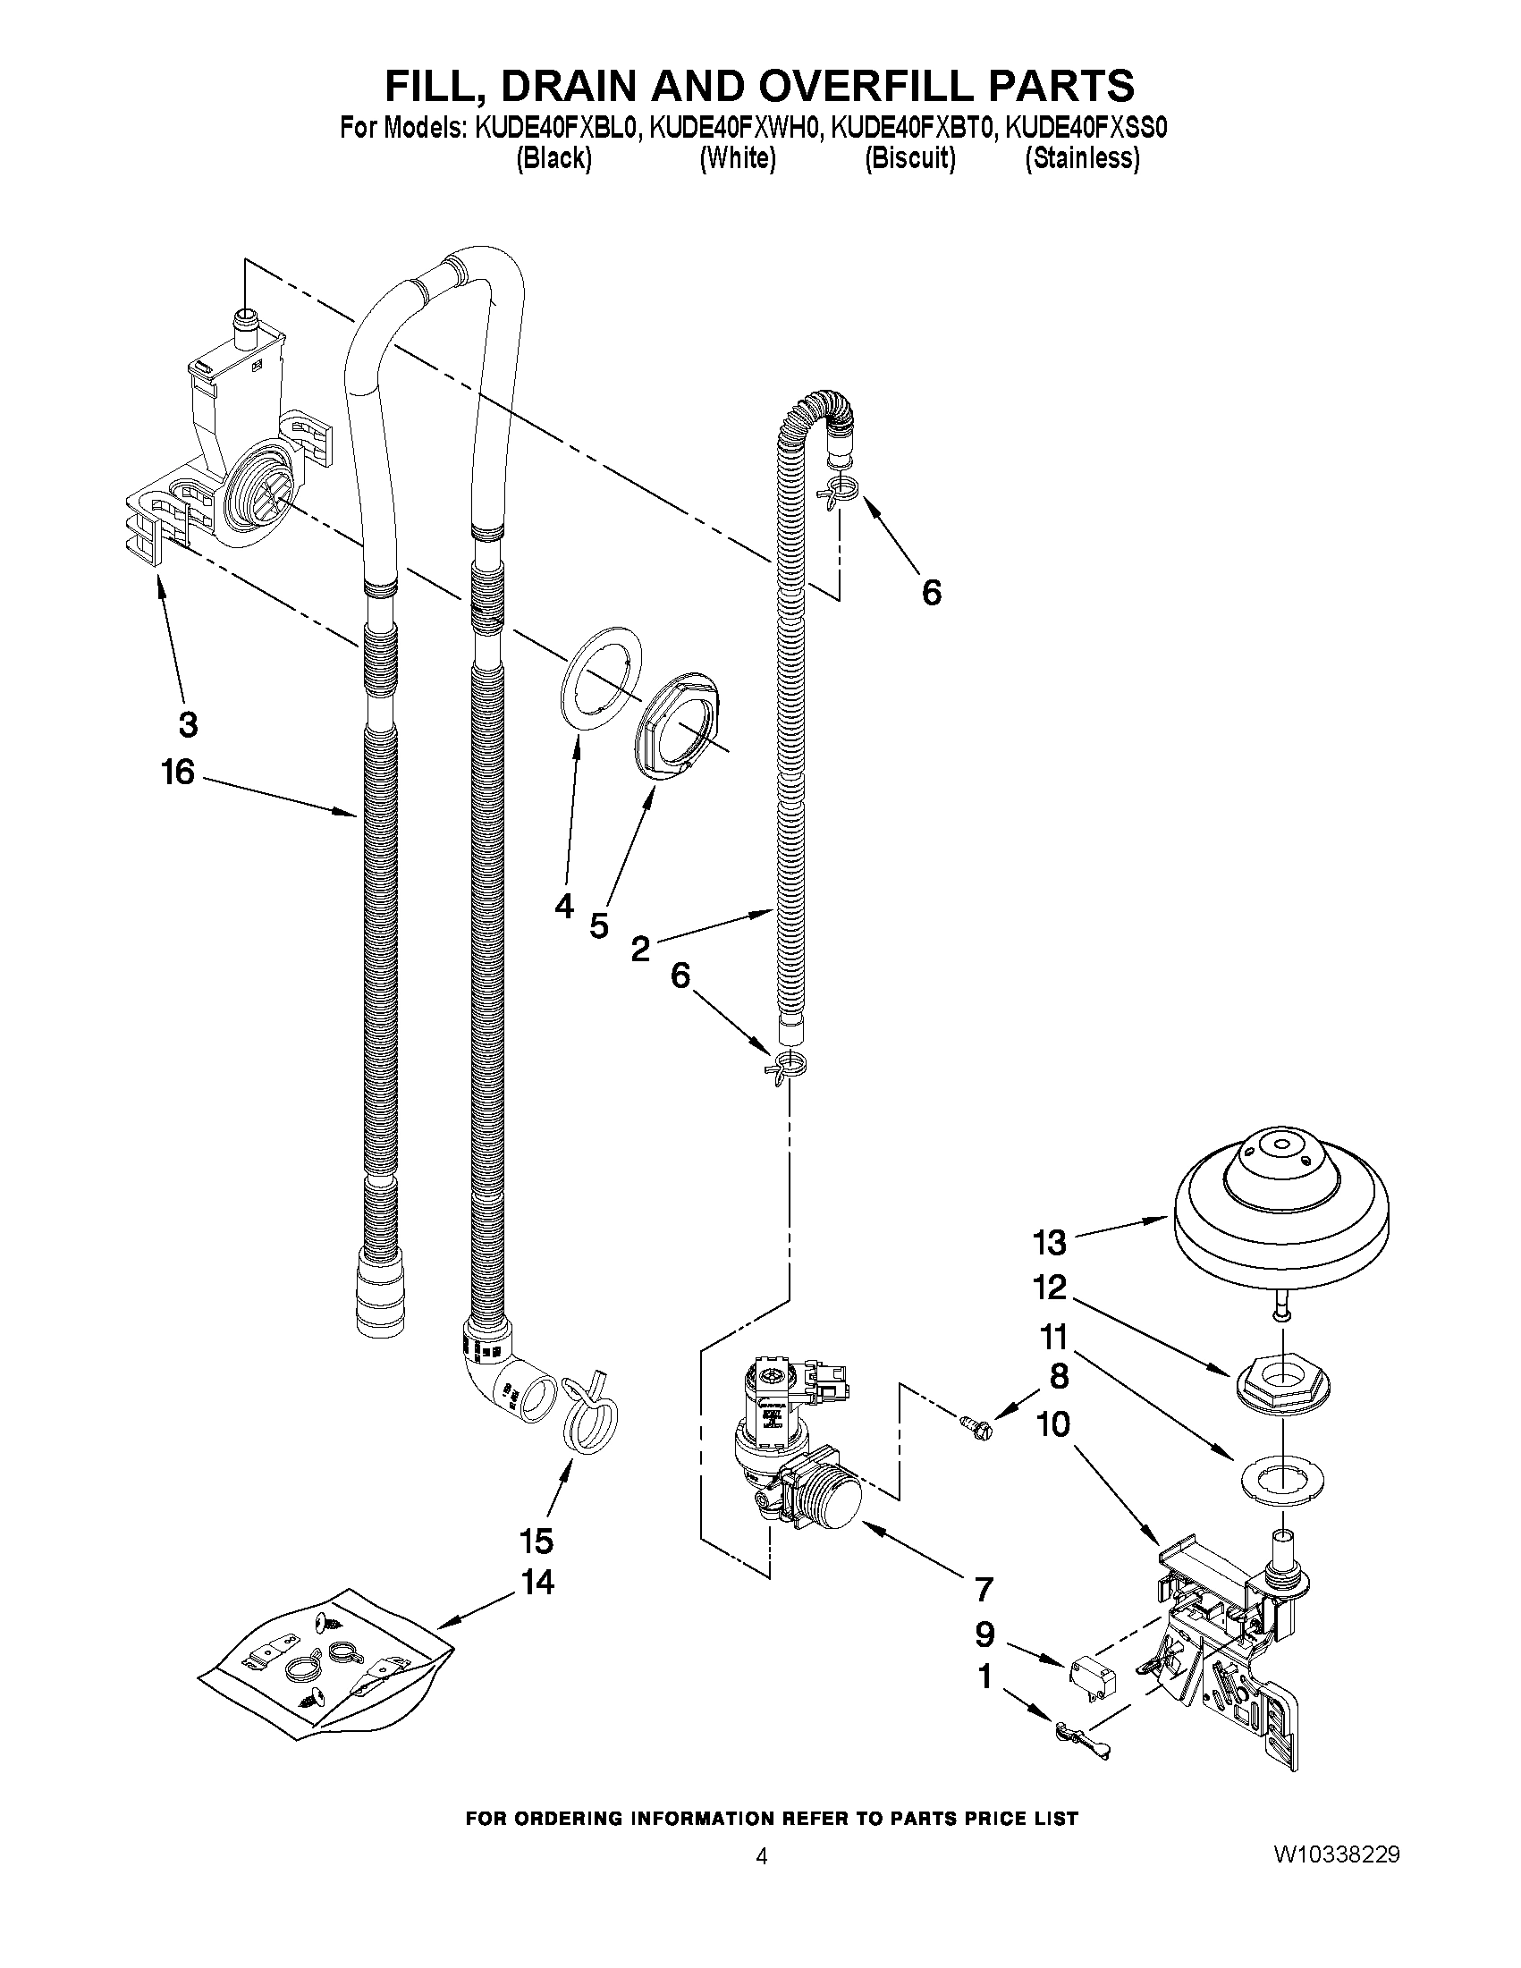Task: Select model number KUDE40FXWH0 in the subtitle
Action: [x=734, y=129]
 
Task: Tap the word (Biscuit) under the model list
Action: [x=909, y=158]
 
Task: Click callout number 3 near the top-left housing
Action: [x=188, y=723]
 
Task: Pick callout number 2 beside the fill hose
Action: [x=639, y=948]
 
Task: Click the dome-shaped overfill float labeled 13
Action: [x=1281, y=1212]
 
